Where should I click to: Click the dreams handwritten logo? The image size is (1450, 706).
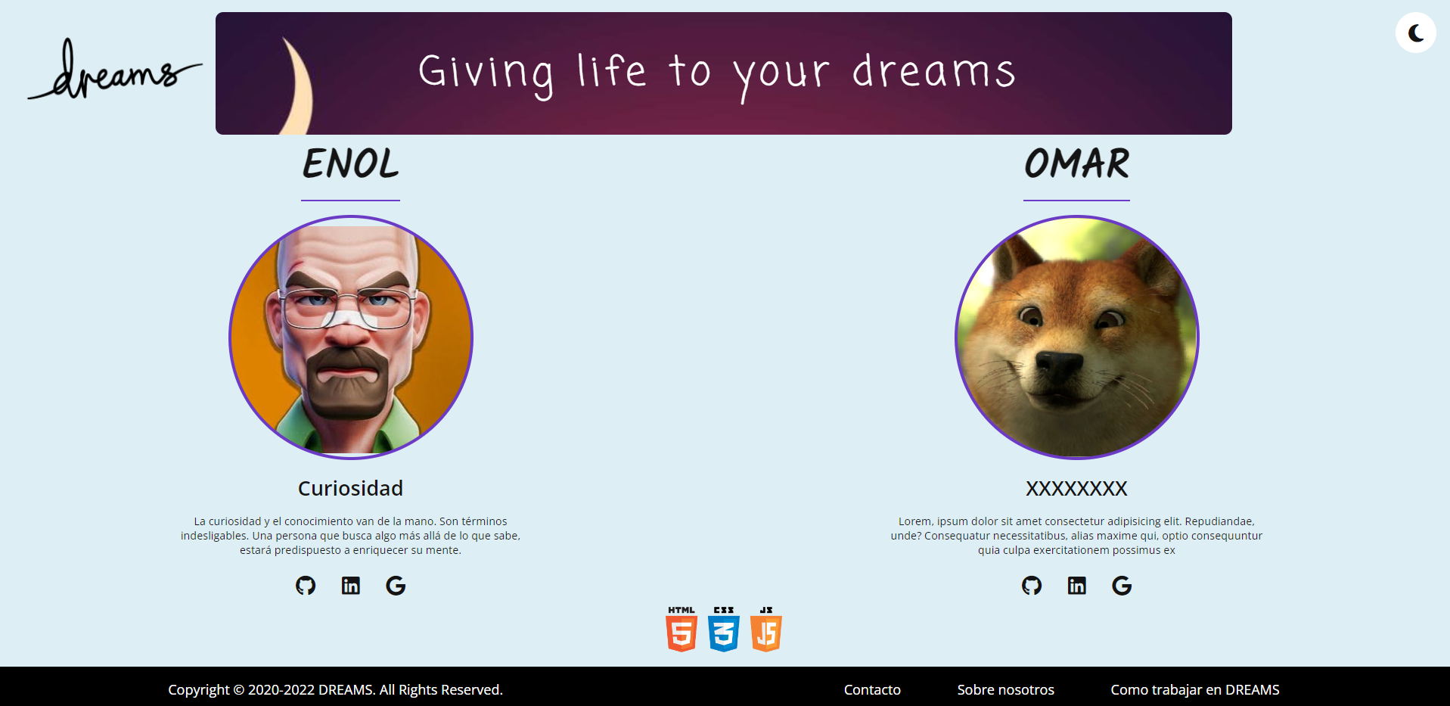113,70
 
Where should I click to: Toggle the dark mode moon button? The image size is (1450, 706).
1416,33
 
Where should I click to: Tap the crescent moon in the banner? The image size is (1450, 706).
297,87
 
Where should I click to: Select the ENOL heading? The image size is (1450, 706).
350,163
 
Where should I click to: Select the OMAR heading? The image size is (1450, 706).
1076,163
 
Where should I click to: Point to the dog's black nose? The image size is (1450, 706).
1059,364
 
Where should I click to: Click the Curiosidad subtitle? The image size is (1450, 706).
350,488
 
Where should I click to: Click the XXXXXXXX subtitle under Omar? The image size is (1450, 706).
1076,488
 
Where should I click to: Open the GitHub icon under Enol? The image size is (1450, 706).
306,585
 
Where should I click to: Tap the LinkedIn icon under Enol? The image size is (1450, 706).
351,585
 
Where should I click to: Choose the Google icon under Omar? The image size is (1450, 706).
1122,585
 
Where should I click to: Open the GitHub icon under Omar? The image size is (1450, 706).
1032,585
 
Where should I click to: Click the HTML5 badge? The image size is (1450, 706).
682,629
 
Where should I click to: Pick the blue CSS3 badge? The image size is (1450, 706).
724,629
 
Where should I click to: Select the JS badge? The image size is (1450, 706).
766,629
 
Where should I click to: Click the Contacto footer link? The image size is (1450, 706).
872,689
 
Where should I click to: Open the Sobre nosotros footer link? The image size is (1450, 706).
1005,689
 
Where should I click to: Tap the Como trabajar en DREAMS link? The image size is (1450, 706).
1195,689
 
